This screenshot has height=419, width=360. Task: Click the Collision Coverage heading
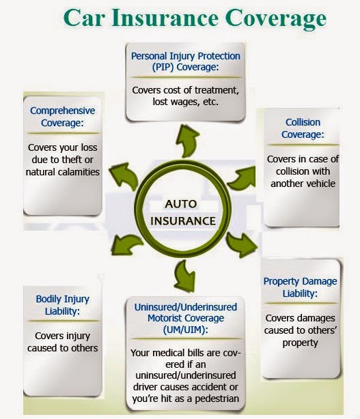tap(302, 128)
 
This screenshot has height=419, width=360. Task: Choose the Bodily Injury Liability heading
tap(62, 305)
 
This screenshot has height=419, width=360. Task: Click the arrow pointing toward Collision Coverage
tap(243, 179)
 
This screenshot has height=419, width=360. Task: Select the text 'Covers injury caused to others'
tap(63, 341)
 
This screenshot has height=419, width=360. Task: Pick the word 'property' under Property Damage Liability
tap(301, 343)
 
